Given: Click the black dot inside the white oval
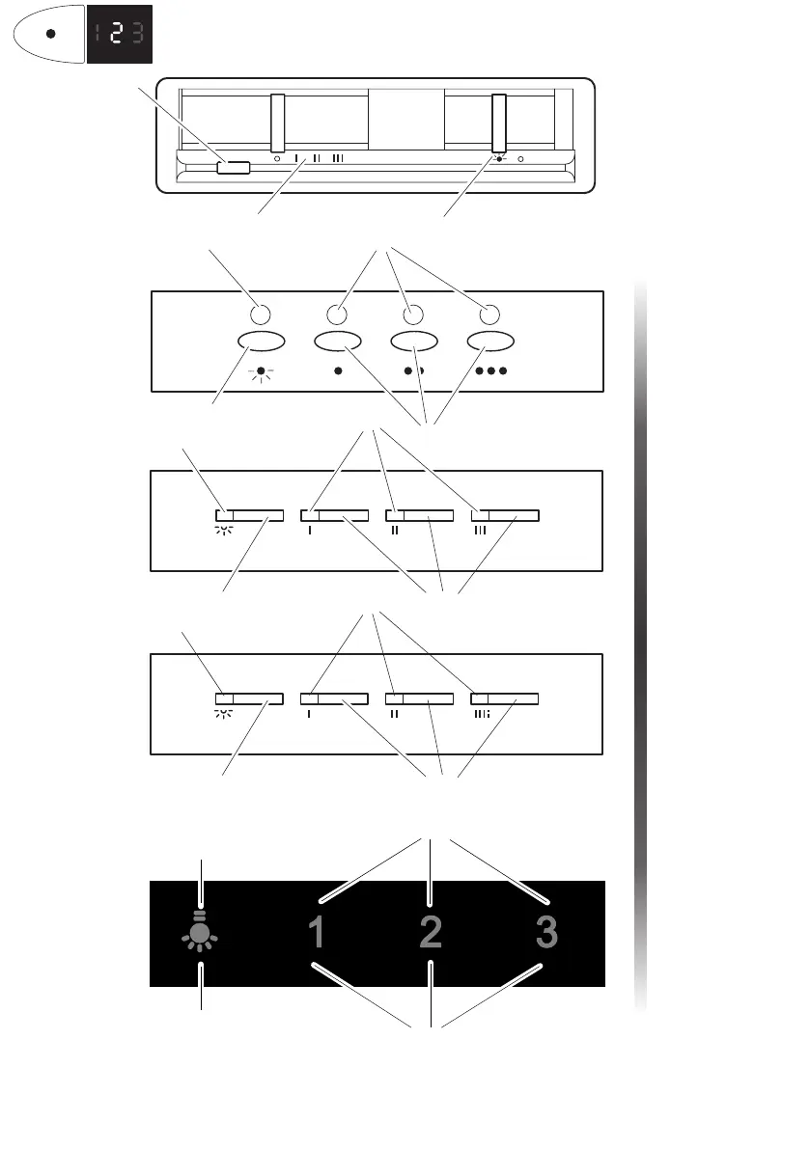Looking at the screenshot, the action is point(51,33).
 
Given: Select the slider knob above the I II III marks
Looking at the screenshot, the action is point(278,123).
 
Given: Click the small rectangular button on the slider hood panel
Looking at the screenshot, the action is point(234,168).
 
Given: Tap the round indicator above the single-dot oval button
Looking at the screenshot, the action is point(336,314).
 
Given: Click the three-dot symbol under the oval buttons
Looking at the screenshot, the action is point(489,370).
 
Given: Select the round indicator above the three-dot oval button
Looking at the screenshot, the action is point(489,314).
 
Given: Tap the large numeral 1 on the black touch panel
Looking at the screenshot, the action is point(317,933).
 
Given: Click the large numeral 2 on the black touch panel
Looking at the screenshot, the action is point(431,933).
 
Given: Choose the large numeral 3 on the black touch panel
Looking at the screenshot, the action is point(546,933).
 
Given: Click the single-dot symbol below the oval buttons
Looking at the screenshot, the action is point(337,370).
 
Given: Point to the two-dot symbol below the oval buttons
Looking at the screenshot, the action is point(413,370).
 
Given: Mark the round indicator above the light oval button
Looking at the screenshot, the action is point(259,314).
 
